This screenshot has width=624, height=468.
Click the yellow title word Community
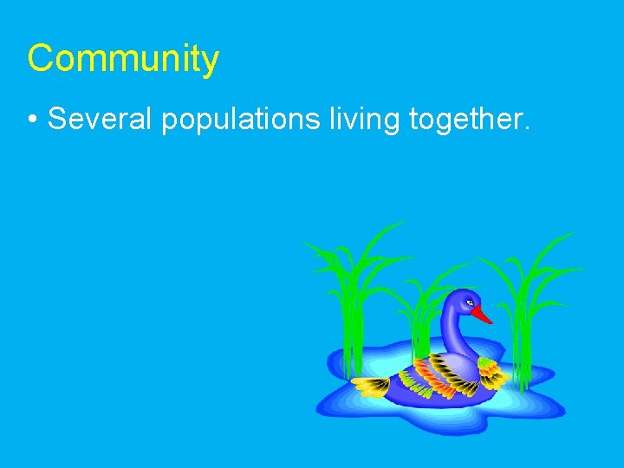[123, 59]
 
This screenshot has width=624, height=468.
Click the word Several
[100, 120]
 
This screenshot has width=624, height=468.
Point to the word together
[465, 120]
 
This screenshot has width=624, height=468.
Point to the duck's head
[461, 303]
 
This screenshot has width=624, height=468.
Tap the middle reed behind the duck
[422, 312]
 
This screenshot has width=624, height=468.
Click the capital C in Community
[40, 59]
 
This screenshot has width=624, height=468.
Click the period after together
[525, 128]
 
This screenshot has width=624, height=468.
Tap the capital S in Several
[57, 120]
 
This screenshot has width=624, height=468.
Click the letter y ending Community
[211, 62]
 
